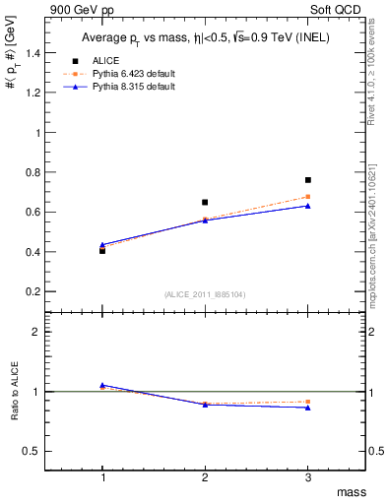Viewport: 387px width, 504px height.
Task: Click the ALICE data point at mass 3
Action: click(308, 180)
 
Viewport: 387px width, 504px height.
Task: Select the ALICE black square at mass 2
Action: click(205, 202)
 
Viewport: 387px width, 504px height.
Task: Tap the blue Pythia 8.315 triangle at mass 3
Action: click(308, 206)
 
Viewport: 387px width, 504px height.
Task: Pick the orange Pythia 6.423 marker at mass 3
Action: click(308, 197)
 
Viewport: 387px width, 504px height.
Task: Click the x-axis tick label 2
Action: click(205, 476)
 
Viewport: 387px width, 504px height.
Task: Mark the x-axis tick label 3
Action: click(308, 476)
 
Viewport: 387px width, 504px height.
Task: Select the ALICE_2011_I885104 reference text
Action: click(205, 293)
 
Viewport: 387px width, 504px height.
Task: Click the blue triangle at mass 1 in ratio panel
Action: click(102, 385)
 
